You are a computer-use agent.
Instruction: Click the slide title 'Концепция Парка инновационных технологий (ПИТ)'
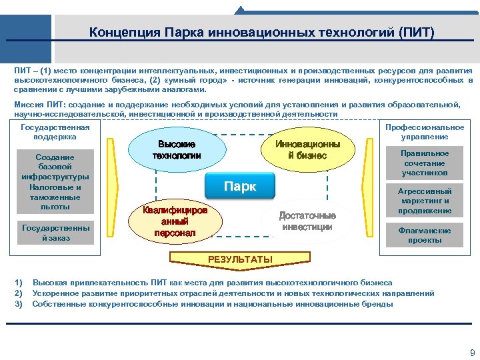pyautogui.click(x=261, y=33)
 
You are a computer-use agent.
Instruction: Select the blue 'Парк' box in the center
pyautogui.click(x=239, y=187)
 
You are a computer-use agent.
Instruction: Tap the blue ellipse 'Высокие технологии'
pyautogui.click(x=177, y=150)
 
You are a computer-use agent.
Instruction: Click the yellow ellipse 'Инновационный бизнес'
pyautogui.click(x=307, y=150)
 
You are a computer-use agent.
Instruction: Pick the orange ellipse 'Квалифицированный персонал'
pyautogui.click(x=175, y=222)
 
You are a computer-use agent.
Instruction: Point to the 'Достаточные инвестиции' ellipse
pyautogui.click(x=307, y=221)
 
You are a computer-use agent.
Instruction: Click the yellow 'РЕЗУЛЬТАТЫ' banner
pyautogui.click(x=240, y=259)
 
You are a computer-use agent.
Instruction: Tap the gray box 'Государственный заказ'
pyautogui.click(x=55, y=233)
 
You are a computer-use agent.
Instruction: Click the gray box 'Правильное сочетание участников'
pyautogui.click(x=425, y=163)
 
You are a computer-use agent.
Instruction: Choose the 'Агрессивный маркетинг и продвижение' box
pyautogui.click(x=425, y=201)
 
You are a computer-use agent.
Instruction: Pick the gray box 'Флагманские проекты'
pyautogui.click(x=425, y=235)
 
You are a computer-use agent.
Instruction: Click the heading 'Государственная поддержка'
pyautogui.click(x=55, y=132)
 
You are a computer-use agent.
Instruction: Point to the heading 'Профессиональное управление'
pyautogui.click(x=425, y=132)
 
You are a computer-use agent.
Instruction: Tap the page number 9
pyautogui.click(x=472, y=353)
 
